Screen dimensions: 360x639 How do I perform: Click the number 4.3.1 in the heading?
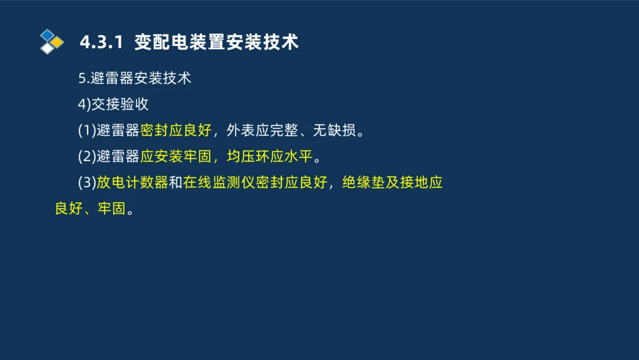(x=100, y=43)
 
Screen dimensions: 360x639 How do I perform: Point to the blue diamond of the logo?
(x=47, y=35)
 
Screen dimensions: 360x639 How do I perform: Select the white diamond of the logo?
(x=47, y=49)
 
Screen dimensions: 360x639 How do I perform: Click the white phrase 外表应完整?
(x=261, y=131)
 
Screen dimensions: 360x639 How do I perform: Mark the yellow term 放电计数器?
(x=132, y=183)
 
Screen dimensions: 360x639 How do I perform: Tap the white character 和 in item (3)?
(x=175, y=183)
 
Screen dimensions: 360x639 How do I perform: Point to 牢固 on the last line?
(x=111, y=209)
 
